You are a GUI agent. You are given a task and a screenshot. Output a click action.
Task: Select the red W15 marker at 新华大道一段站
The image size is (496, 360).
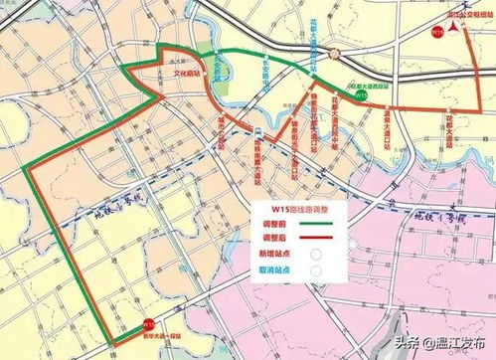148,324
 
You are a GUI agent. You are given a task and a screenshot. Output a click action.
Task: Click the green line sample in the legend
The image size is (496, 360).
321,225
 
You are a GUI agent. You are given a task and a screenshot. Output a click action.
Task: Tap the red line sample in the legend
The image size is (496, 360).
321,240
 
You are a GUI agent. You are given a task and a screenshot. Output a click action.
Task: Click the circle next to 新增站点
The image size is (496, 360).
316,255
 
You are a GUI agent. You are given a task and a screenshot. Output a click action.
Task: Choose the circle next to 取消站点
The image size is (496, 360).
316,270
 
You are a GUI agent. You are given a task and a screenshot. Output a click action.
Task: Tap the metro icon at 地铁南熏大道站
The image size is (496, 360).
258,132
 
